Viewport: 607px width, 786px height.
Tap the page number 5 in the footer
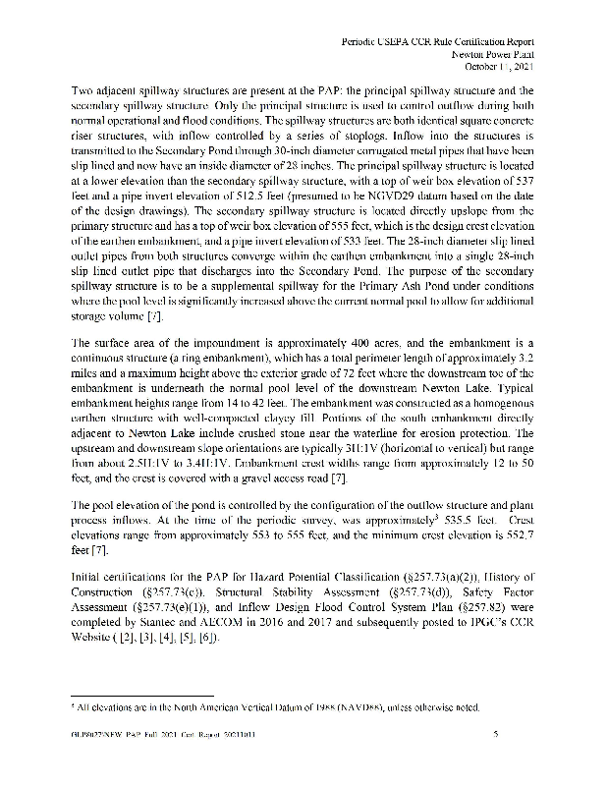497,734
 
